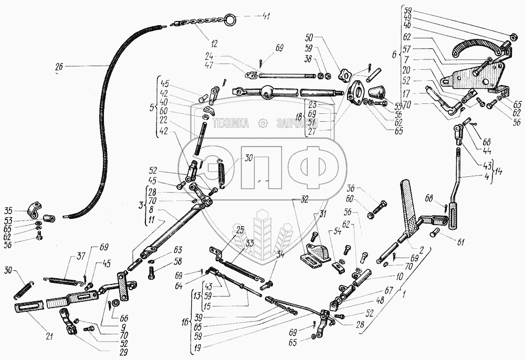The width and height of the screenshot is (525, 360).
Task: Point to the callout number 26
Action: (58, 67)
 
